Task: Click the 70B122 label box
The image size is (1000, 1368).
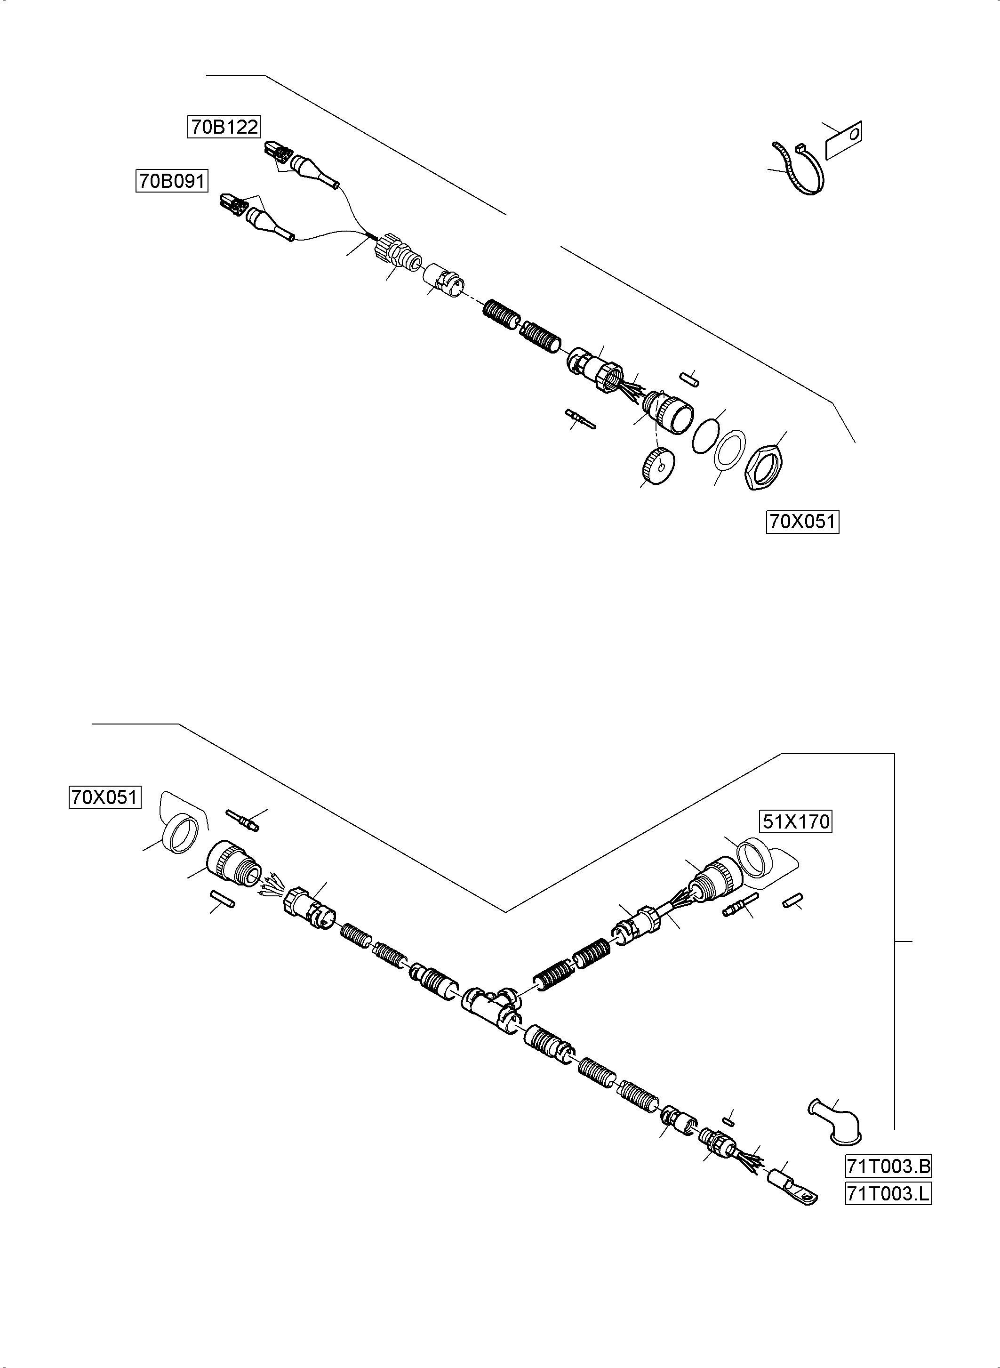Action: pyautogui.click(x=224, y=127)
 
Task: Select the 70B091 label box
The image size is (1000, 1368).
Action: pyautogui.click(x=171, y=181)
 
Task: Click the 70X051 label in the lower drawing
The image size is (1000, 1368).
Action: pyautogui.click(x=105, y=797)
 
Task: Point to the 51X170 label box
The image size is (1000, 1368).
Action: pyautogui.click(x=795, y=822)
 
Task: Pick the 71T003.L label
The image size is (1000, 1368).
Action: pyautogui.click(x=888, y=1194)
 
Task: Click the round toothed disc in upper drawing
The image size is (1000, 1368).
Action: pyautogui.click(x=657, y=467)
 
